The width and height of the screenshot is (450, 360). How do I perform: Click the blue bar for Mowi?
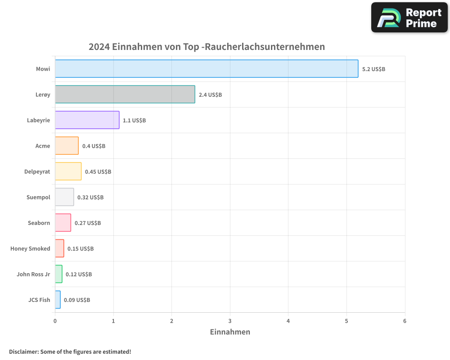[x=207, y=69]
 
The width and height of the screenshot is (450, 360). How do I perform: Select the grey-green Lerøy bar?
[x=125, y=94]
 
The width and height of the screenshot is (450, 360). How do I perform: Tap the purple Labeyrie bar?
[x=87, y=120]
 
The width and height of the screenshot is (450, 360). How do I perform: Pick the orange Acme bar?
[x=67, y=146]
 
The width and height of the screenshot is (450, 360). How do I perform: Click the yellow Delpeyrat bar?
[x=68, y=171]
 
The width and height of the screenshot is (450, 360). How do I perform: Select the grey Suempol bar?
[x=64, y=197]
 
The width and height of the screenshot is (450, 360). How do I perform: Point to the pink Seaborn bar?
[x=63, y=223]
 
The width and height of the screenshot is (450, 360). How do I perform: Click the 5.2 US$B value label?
[x=373, y=69]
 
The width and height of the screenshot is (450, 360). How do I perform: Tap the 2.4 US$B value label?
[x=210, y=95]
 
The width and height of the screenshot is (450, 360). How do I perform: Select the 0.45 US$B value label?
[x=98, y=172]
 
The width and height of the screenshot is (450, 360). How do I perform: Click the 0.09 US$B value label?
[x=77, y=300]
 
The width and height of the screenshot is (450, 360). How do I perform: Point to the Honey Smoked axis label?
[x=30, y=249]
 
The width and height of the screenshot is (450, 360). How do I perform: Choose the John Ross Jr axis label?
[x=33, y=274]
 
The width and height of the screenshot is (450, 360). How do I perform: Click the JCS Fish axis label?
[x=39, y=300]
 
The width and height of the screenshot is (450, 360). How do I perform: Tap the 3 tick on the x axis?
[x=230, y=321]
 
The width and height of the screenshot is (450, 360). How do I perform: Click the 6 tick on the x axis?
[x=405, y=321]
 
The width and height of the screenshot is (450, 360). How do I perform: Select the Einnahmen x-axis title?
[x=230, y=332]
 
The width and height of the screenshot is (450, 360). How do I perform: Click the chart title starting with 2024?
[x=207, y=47]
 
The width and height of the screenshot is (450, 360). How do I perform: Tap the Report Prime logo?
[x=409, y=18]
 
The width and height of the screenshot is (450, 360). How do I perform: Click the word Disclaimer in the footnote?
[x=23, y=352]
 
